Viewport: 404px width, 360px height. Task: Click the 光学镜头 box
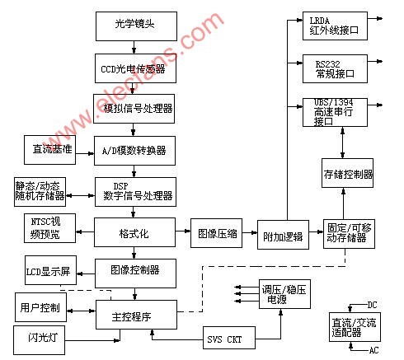click(x=136, y=26)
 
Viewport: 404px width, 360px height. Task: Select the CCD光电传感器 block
click(x=135, y=68)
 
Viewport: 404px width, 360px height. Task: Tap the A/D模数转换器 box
click(x=134, y=151)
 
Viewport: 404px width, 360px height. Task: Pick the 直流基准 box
click(x=49, y=150)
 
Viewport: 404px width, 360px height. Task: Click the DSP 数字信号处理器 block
click(x=135, y=192)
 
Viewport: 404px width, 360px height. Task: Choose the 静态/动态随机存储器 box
click(x=40, y=192)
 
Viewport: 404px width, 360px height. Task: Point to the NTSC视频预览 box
click(x=49, y=228)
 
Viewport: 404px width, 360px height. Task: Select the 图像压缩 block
click(x=217, y=233)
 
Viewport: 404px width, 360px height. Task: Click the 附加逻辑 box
click(x=283, y=235)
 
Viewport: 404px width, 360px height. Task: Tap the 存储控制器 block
click(x=347, y=173)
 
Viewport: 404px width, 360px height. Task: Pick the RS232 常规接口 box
click(x=335, y=68)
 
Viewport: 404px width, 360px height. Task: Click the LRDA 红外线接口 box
click(x=335, y=26)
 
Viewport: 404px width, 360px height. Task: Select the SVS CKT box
click(x=229, y=338)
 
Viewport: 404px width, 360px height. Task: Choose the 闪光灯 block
click(x=39, y=340)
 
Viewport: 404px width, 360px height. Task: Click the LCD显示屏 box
click(x=50, y=270)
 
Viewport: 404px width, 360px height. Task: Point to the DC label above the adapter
click(x=372, y=305)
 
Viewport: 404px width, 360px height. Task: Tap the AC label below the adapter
click(x=373, y=350)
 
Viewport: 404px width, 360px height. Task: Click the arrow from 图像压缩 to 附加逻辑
click(x=250, y=233)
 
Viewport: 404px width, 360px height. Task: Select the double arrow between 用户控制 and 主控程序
click(x=81, y=311)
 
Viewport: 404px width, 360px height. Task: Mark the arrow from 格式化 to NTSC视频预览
click(x=85, y=231)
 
